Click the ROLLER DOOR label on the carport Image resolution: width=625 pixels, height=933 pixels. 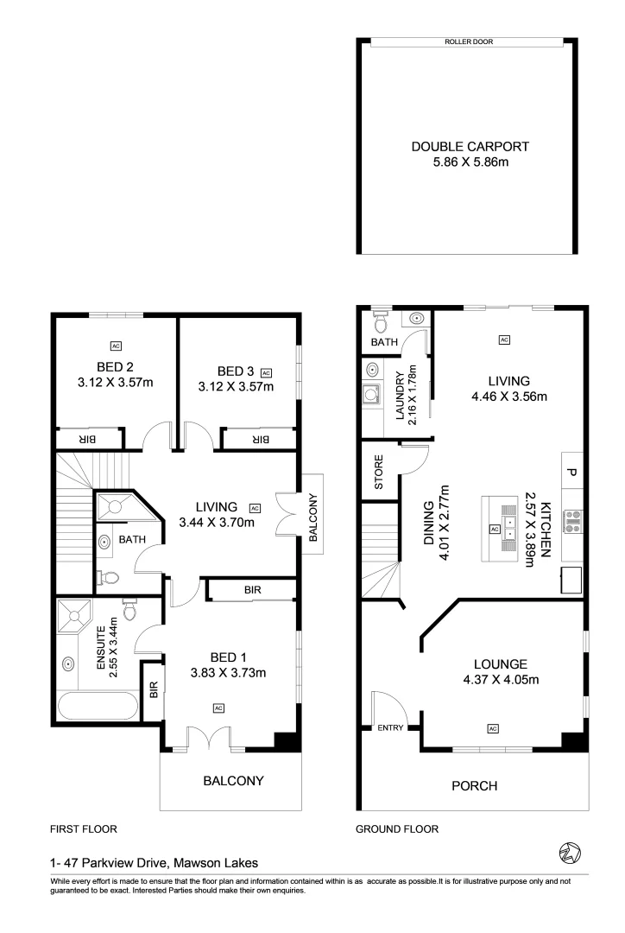[x=469, y=41]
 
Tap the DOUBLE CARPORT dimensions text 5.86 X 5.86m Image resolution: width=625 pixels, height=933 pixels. [x=470, y=161]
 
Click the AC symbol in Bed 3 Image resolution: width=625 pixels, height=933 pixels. [x=266, y=372]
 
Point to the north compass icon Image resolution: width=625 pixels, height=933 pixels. [x=570, y=852]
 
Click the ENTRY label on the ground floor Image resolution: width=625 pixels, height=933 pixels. [x=390, y=728]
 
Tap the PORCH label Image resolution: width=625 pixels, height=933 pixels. [x=474, y=785]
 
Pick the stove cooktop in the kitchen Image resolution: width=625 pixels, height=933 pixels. [x=571, y=520]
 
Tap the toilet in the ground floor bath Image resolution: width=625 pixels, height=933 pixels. [x=379, y=321]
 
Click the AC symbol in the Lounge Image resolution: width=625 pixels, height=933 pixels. [x=493, y=728]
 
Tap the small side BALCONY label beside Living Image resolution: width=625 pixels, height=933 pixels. [x=313, y=517]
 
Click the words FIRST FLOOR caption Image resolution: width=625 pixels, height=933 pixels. [x=83, y=828]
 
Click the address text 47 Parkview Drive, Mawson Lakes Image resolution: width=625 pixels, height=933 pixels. [x=155, y=861]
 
